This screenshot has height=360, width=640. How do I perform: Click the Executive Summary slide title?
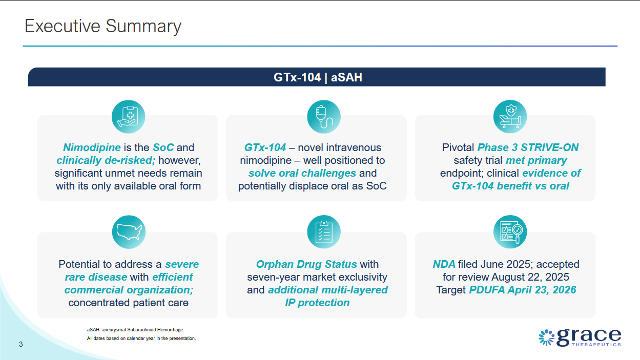[x=103, y=27]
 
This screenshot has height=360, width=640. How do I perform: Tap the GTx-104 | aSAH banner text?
[x=318, y=77]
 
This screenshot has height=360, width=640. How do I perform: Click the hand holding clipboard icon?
[x=128, y=116]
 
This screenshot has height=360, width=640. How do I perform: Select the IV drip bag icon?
[x=324, y=116]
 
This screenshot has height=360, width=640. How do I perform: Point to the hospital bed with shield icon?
[x=510, y=116]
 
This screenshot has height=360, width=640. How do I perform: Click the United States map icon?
[x=129, y=232]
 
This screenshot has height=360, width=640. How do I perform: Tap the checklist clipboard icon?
[x=324, y=232]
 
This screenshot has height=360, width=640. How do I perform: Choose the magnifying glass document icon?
[x=510, y=232]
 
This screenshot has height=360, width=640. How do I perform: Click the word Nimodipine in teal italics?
[x=92, y=147]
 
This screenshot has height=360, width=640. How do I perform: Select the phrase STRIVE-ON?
[x=549, y=147]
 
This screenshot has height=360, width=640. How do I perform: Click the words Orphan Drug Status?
[x=306, y=264]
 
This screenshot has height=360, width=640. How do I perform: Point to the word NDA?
[x=444, y=264]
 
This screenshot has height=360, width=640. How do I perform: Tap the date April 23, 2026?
[x=542, y=290]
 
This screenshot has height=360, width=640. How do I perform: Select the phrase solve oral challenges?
[x=302, y=173]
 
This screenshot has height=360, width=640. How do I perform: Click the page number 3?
[x=21, y=344]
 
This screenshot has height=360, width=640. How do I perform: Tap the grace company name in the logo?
[x=589, y=337]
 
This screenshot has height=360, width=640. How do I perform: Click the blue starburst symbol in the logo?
[x=547, y=337]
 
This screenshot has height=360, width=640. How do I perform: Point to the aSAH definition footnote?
[x=136, y=330]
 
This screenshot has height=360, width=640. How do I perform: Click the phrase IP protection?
[x=317, y=303]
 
